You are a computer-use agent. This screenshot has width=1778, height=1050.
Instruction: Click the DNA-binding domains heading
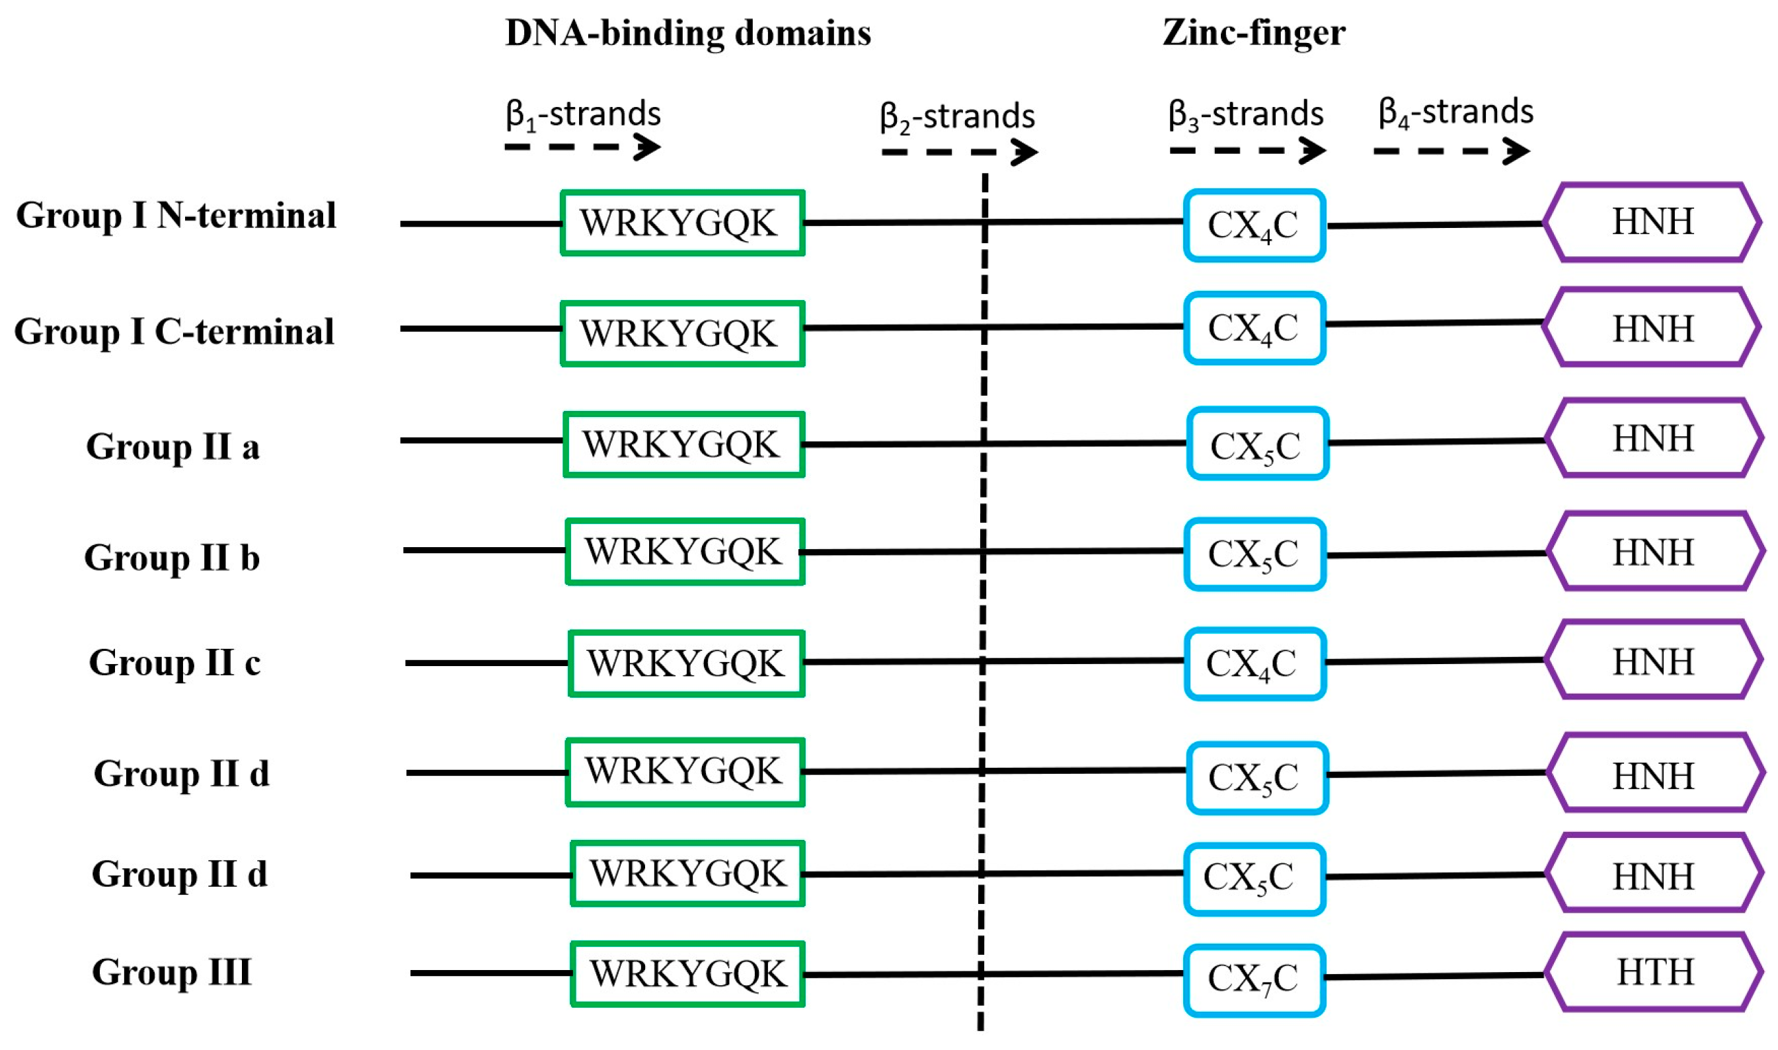coord(687,33)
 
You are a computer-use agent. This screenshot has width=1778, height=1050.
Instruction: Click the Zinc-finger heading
coord(1253,33)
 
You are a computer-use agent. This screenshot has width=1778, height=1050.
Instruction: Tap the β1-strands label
coord(583,114)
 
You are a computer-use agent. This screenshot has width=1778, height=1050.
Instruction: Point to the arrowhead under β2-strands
coord(1024,152)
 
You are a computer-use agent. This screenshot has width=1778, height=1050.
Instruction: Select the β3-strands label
coord(1245,114)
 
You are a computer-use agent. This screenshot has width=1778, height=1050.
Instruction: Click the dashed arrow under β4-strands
coord(1450,151)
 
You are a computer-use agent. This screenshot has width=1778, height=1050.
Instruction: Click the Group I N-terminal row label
coord(175,216)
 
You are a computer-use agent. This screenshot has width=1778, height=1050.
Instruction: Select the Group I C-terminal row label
coord(174,332)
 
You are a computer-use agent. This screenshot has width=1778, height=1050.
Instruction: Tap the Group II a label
coord(173,447)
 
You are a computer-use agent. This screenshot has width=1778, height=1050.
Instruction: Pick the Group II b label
coord(172,558)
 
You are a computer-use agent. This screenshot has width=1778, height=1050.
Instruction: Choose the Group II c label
coord(174,663)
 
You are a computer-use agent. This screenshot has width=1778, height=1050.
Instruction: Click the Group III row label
coord(171,971)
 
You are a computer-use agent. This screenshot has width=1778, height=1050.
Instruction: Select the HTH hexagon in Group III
coord(1653,972)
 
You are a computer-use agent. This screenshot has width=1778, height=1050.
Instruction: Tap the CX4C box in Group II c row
coord(1253,663)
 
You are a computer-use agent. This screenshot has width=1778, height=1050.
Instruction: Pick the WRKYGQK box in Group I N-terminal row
coord(682,223)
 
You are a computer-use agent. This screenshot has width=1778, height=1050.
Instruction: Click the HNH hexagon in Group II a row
coord(1653,439)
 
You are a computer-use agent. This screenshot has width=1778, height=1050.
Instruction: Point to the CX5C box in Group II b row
coord(1253,554)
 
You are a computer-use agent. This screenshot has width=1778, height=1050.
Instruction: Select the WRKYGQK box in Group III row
coord(687,973)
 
